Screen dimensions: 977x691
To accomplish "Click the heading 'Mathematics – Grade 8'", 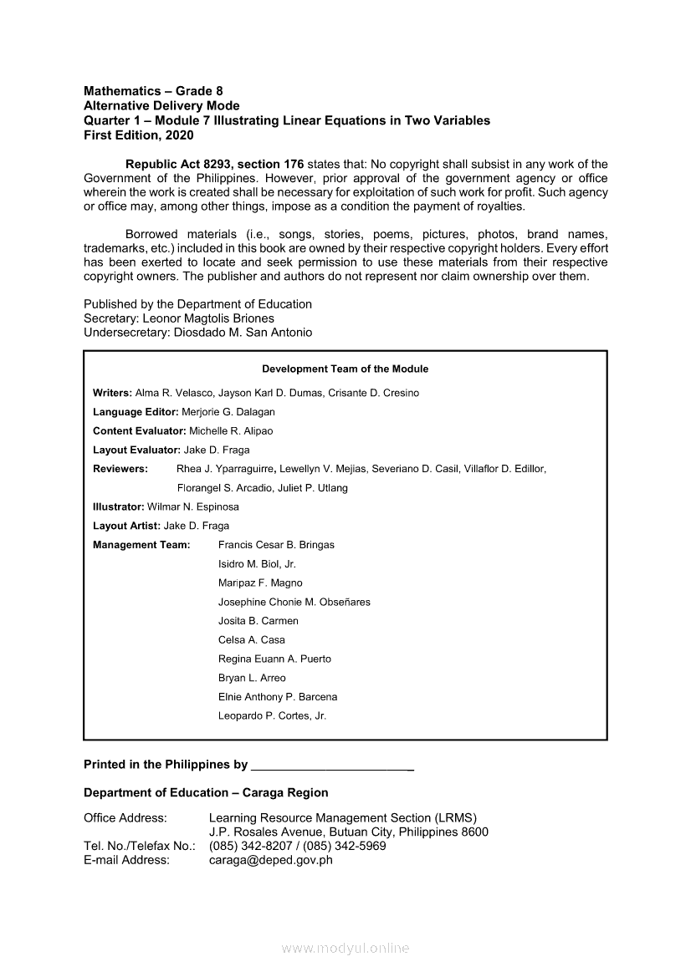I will tap(153, 90).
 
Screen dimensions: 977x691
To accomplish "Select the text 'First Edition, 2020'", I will tap(139, 135).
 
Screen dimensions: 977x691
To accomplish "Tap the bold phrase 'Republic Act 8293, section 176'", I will tap(214, 164).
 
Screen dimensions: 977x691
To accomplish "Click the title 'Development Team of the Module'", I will tap(345, 369).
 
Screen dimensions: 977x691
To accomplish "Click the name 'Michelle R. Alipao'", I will tap(231, 431).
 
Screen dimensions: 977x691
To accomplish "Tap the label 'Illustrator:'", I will tap(118, 507).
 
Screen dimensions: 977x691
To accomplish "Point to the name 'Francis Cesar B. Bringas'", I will tap(276, 545).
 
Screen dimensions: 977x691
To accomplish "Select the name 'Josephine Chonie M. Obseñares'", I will tap(294, 602).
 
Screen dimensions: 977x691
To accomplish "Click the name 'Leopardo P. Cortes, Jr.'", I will tap(272, 716).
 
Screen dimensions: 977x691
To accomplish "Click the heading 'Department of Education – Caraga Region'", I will tap(206, 792).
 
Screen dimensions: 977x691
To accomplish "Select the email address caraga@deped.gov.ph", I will tap(270, 860).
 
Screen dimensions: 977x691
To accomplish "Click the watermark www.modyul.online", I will tap(345, 949).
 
